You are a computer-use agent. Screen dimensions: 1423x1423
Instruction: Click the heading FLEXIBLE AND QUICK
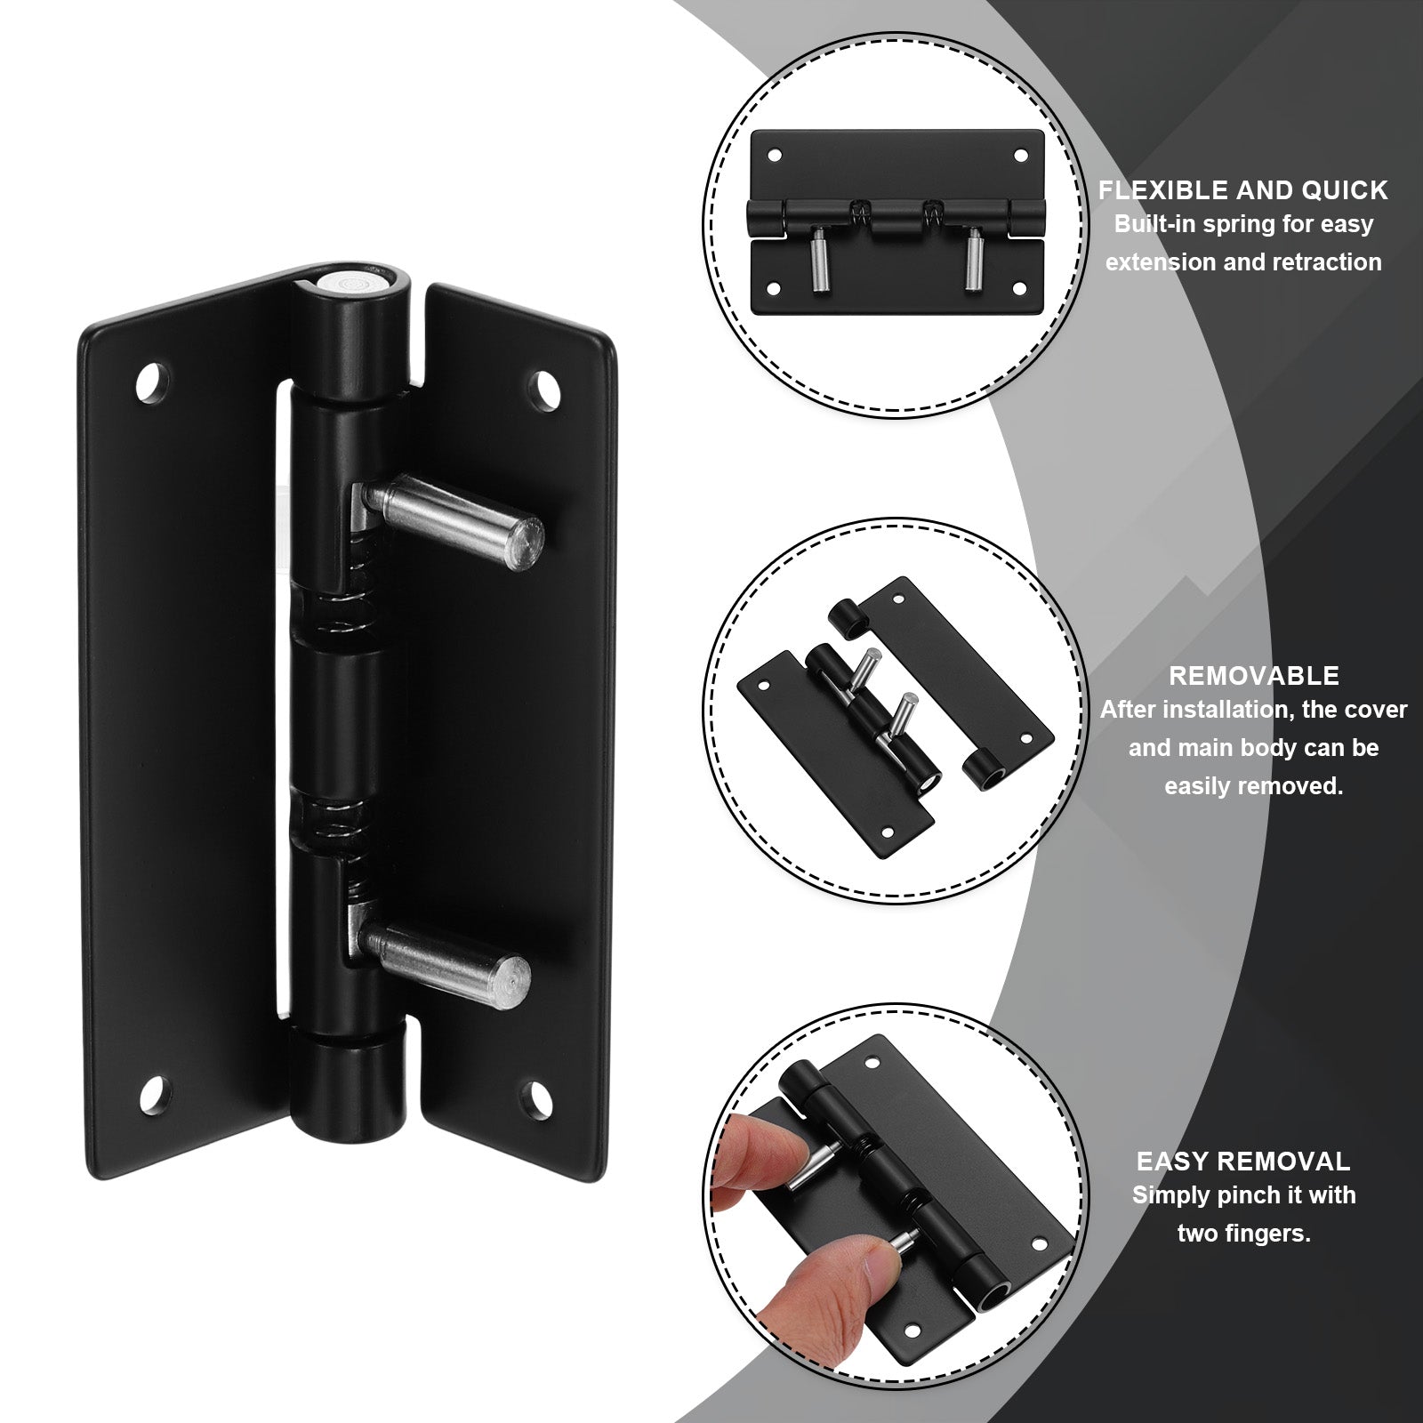pyautogui.click(x=1242, y=189)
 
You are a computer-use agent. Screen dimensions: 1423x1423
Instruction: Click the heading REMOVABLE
pyautogui.click(x=1253, y=675)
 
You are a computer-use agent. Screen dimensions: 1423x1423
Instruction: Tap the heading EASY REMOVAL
pyautogui.click(x=1242, y=1161)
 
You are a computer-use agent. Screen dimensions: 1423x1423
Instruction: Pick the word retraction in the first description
pyautogui.click(x=1327, y=262)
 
